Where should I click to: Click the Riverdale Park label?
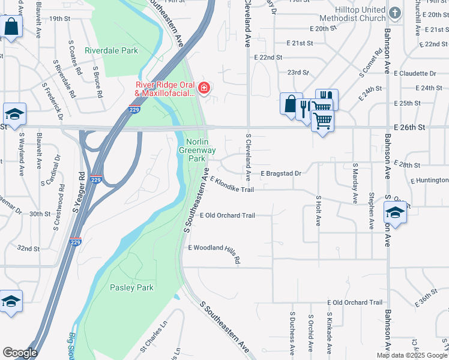click(111, 50)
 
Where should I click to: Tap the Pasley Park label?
click(131, 287)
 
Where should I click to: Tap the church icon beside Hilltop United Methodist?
click(394, 13)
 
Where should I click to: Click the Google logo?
click(20, 353)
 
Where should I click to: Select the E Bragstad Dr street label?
click(280, 173)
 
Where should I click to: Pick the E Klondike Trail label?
click(232, 184)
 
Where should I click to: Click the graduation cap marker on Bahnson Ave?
click(394, 212)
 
